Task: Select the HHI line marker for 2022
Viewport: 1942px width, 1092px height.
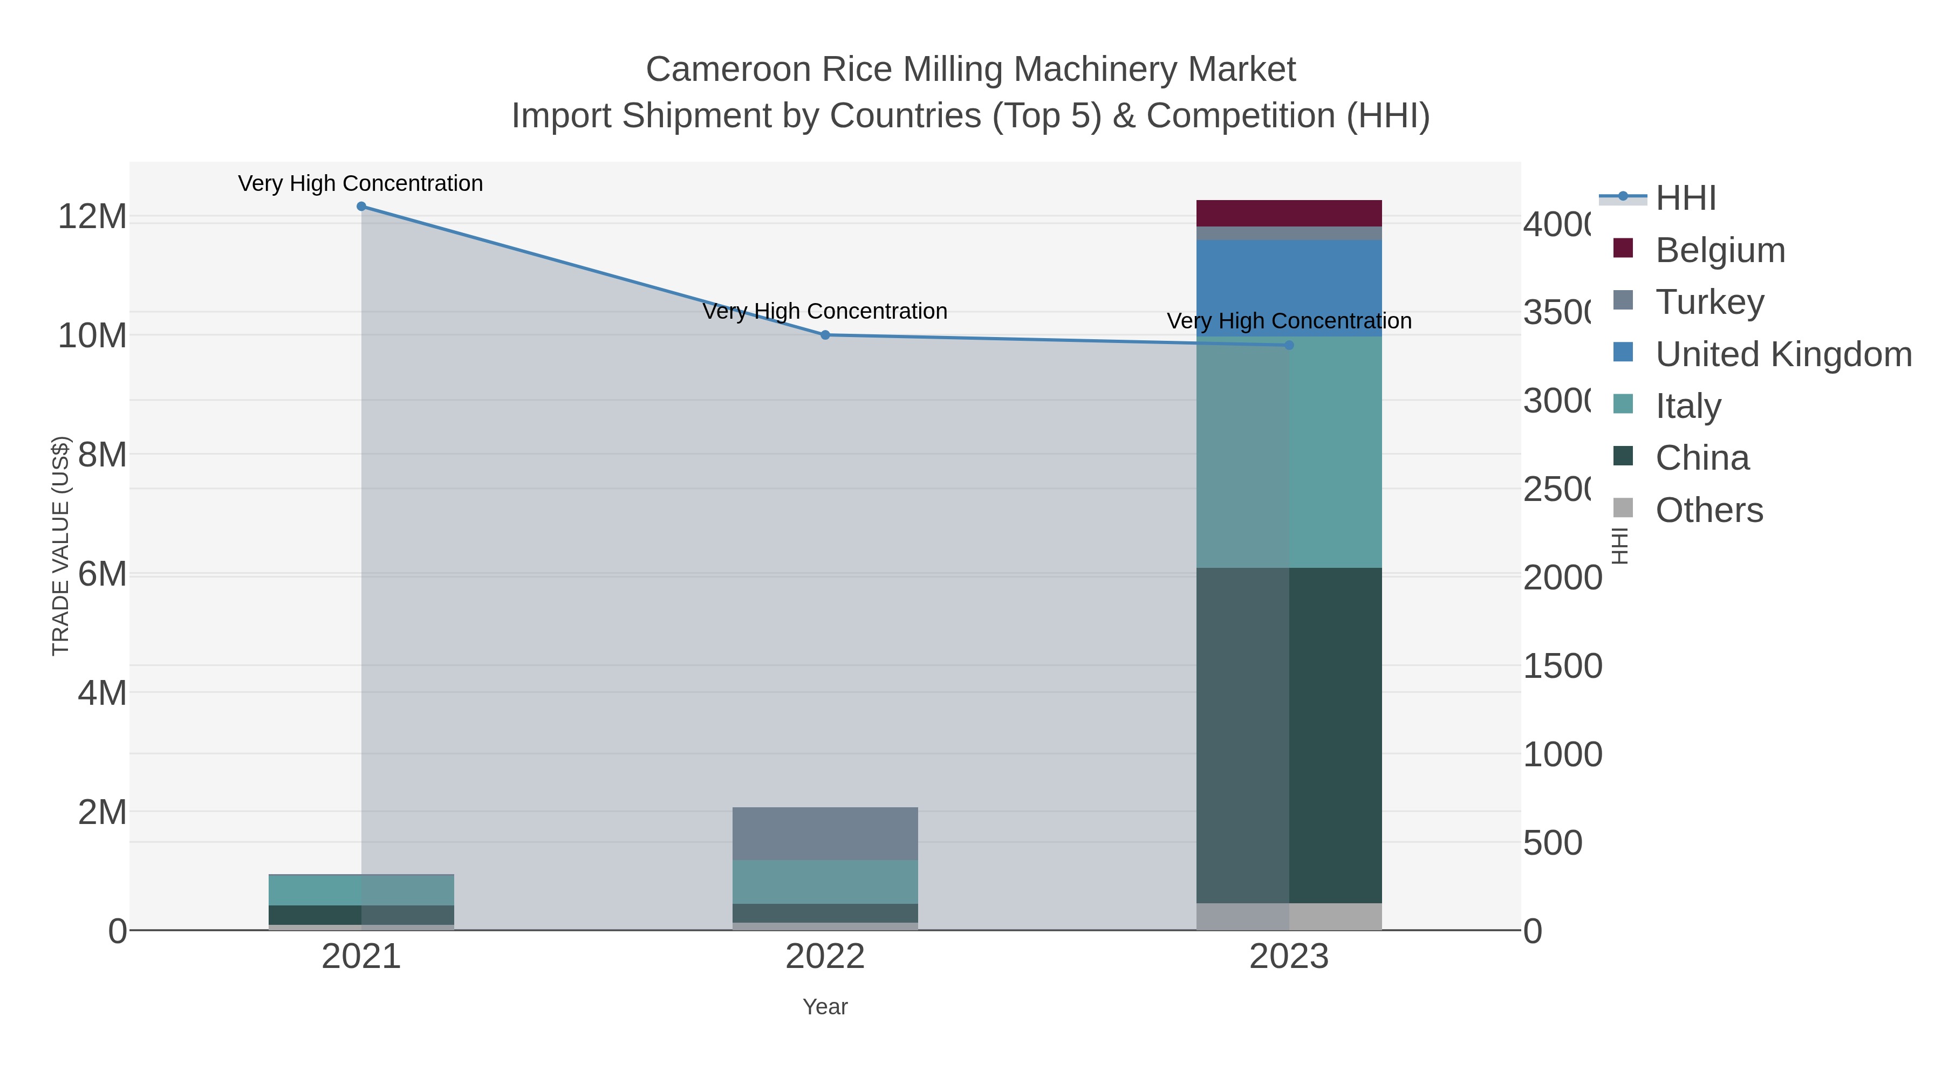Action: [x=825, y=335]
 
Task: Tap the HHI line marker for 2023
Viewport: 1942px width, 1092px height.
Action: [x=1289, y=345]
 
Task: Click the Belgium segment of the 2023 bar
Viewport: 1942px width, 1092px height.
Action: [x=1289, y=213]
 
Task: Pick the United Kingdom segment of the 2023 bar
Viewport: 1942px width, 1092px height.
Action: [x=1289, y=288]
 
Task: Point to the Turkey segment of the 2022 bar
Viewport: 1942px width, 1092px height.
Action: [x=825, y=834]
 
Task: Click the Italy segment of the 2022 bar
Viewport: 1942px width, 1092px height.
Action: [x=825, y=882]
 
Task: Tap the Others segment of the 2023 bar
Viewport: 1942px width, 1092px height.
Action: [x=1289, y=916]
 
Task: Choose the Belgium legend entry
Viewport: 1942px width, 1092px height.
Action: [x=1720, y=250]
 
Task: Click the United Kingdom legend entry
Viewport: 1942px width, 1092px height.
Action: [x=1783, y=354]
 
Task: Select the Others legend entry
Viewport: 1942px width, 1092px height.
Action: [x=1709, y=510]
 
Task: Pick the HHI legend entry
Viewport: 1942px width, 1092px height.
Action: [x=1686, y=198]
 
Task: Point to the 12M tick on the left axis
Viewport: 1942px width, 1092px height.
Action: [x=92, y=217]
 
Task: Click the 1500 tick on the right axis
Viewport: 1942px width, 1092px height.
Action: [x=1562, y=666]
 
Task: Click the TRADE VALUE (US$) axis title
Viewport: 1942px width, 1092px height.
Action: [x=60, y=546]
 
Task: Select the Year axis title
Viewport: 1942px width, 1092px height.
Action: [x=825, y=1007]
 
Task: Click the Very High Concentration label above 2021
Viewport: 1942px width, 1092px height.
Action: [x=360, y=184]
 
